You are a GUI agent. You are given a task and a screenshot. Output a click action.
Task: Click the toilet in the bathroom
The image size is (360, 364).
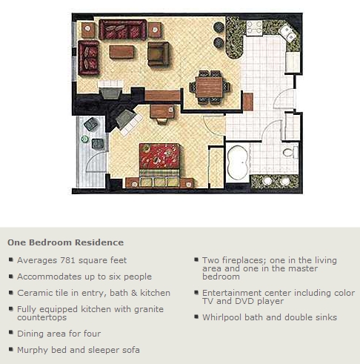291,152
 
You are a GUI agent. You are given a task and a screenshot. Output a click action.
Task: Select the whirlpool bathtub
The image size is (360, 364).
238,162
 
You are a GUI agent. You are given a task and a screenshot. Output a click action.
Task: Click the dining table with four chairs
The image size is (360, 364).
210,87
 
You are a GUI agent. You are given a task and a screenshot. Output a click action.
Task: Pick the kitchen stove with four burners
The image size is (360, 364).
254,28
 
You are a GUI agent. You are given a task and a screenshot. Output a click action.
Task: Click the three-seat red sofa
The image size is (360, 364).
123,30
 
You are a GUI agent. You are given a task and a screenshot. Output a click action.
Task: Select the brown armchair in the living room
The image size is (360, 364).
159,53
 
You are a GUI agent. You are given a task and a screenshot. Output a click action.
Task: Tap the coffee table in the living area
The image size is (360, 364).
122,51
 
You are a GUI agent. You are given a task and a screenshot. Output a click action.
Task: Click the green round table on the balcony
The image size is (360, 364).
84,139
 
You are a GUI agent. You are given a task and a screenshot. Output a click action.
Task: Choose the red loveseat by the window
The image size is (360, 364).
89,58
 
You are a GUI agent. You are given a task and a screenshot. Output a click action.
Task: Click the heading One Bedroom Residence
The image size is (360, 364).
65,242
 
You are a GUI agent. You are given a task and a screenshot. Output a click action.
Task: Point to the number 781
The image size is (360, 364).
68,260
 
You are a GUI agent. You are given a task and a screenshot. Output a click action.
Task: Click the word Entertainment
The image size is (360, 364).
233,293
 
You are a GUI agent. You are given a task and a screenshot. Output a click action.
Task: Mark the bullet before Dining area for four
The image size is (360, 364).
11,332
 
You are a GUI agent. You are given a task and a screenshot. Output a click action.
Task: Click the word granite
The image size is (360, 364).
149,309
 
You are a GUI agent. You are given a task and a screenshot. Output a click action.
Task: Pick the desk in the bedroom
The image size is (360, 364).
162,111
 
